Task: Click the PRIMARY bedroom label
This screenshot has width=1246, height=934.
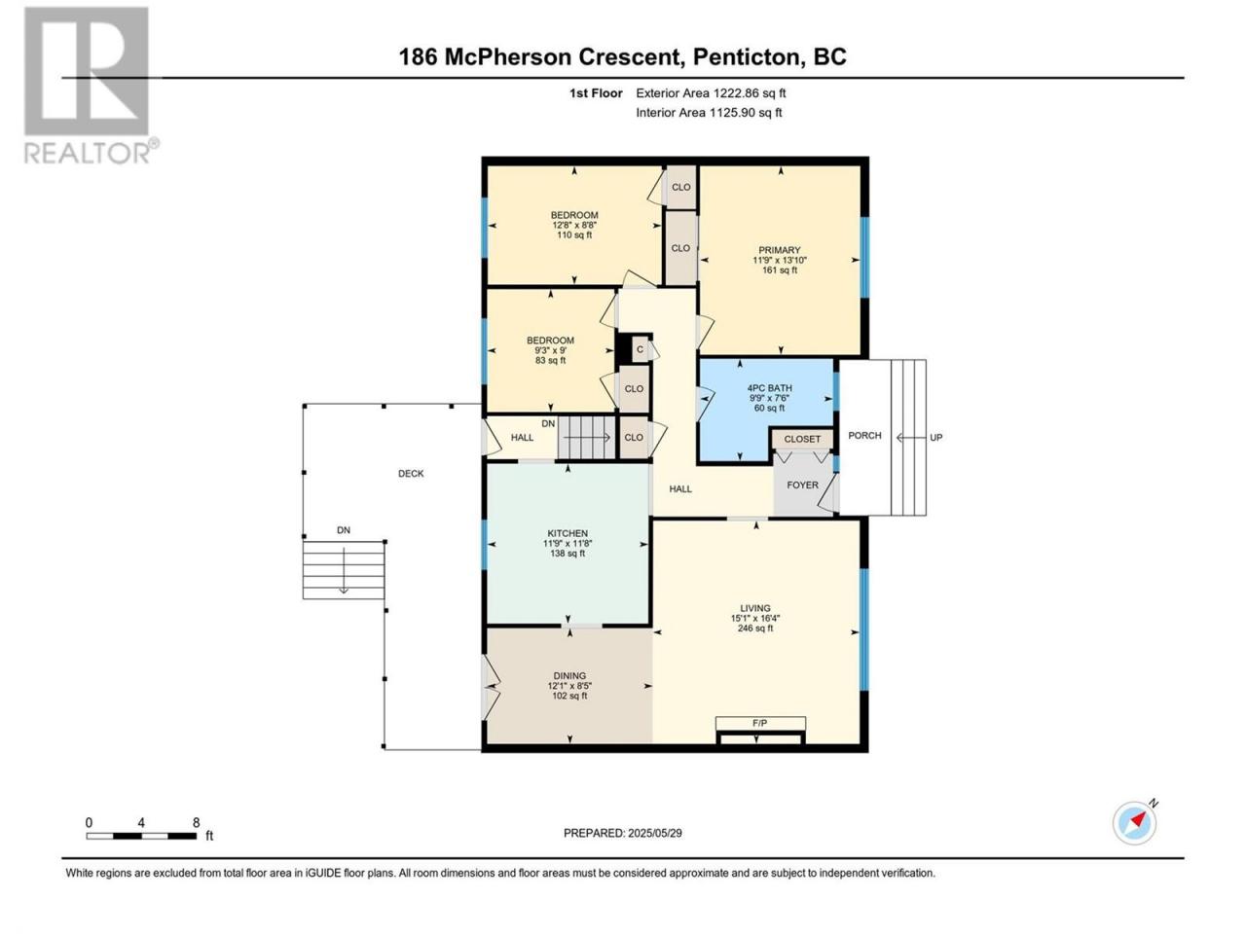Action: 780,250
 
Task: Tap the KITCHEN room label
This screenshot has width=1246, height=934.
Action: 568,533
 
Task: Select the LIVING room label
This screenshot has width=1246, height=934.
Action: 755,608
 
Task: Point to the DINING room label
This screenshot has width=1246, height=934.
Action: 569,675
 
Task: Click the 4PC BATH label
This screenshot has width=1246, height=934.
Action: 769,388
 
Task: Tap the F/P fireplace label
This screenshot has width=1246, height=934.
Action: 759,723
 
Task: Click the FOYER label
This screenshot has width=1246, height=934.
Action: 802,485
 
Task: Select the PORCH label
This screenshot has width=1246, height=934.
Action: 864,436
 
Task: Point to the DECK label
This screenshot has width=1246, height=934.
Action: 411,474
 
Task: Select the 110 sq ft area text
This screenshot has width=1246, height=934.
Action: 574,234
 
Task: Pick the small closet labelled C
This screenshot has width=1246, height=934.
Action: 641,350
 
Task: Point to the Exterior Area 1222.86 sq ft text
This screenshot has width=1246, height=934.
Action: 711,93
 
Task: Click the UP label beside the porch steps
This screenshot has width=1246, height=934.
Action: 936,437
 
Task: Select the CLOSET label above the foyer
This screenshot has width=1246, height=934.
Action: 802,439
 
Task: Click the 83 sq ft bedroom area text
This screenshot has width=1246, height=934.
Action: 550,360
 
